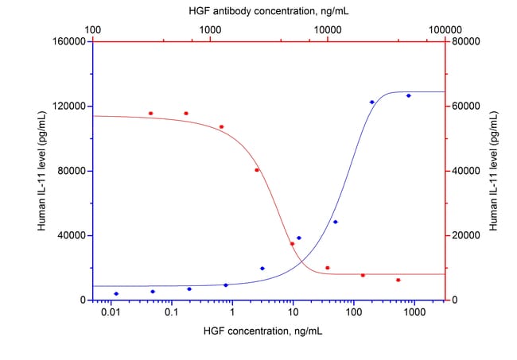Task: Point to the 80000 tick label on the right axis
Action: pos(466,41)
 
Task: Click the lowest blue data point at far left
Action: pos(116,294)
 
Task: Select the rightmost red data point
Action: pos(398,280)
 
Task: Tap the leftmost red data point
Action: pos(150,114)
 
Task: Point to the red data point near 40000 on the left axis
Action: pos(292,244)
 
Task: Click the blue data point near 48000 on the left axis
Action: pos(336,222)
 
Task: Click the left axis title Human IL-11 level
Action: pos(41,171)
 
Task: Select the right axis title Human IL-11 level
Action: pos(494,171)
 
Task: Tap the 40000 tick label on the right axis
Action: pos(466,171)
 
